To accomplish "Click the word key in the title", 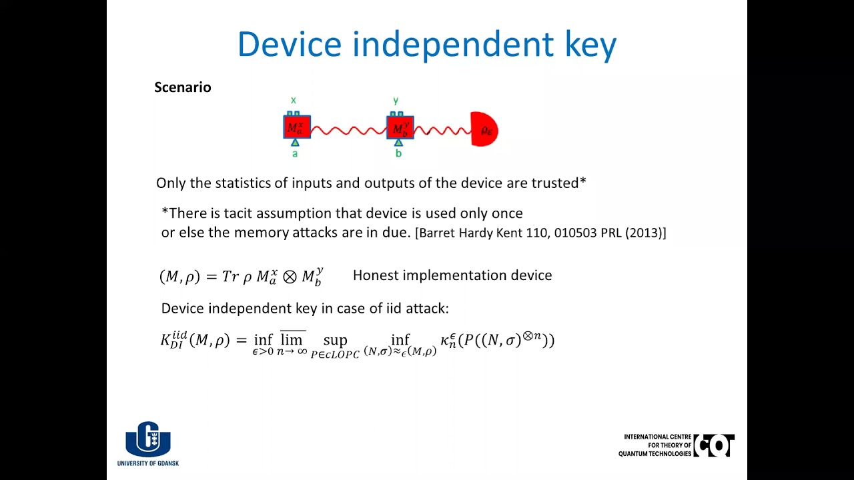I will coord(589,45).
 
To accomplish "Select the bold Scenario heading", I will coord(182,87).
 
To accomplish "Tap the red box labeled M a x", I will coord(296,127).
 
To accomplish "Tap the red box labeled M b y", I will coord(400,127).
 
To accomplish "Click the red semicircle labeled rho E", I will coord(484,129).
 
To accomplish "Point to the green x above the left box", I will coord(293,101).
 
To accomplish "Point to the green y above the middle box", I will coord(396,101).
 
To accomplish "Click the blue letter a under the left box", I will coord(295,154).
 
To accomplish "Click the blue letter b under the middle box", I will coord(398,154).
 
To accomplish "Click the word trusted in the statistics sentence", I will coord(558,183).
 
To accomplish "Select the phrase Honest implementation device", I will coord(452,275).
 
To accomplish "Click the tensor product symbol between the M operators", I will coord(289,277).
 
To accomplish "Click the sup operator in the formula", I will coord(335,341).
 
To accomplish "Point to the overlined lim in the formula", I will coord(292,339).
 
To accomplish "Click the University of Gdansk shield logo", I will coord(148,439).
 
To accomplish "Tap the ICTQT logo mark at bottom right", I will coord(714,445).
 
